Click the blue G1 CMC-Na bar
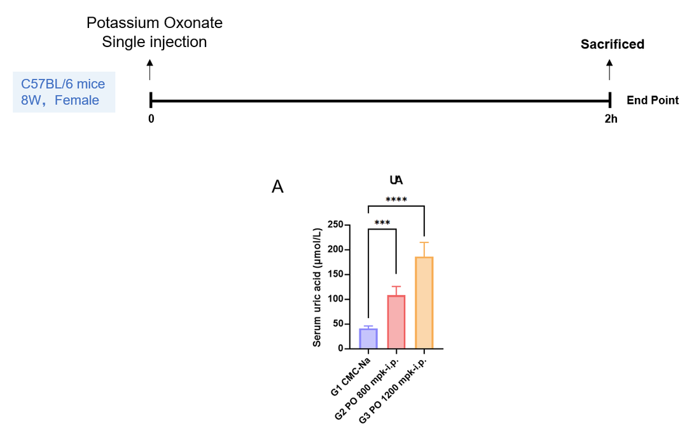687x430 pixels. pos(368,338)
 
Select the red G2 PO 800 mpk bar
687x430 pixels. pos(396,322)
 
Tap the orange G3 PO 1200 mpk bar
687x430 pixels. pos(424,302)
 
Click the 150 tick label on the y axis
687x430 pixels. pos(336,274)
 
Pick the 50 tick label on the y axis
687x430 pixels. pos(338,324)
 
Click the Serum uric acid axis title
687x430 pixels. pos(317,287)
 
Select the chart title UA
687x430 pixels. pos(396,180)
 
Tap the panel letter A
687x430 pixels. pos(277,187)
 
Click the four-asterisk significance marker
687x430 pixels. pos(396,200)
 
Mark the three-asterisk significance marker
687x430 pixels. pos(382,223)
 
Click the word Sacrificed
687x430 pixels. pos(612,45)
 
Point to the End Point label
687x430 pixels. pos(653,101)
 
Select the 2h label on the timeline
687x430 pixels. pos(611,119)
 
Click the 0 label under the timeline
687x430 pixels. pos(151,119)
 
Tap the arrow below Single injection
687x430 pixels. pos(150,70)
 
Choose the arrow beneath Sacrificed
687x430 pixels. pos(609,70)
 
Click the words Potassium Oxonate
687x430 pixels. pos(154,23)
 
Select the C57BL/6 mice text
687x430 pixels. pos(63,84)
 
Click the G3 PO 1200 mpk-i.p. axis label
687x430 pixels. pos(392,390)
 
